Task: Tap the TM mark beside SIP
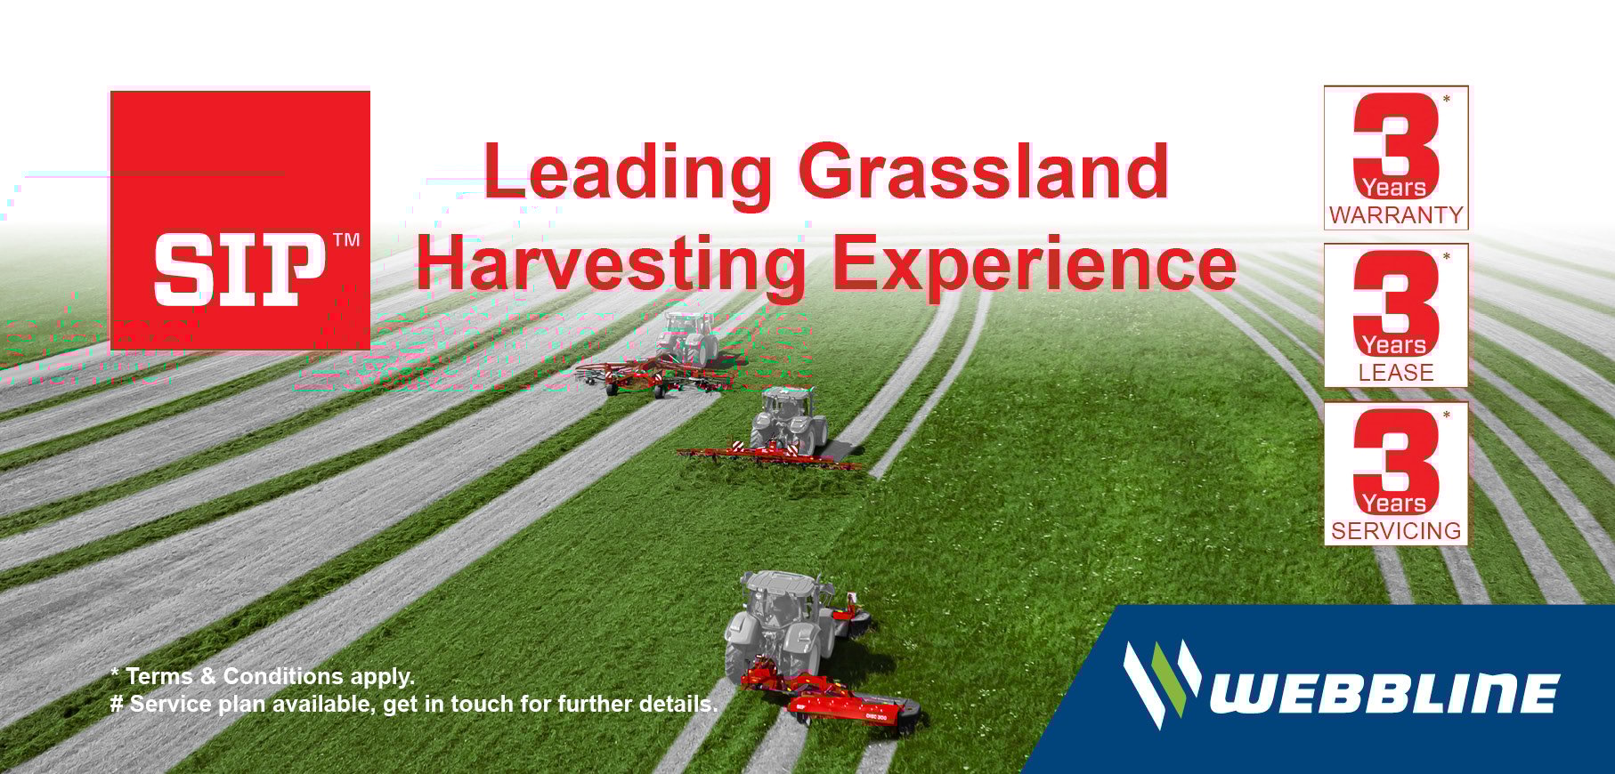[x=345, y=239]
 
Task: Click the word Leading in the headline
[x=628, y=172]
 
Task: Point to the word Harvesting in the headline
[x=613, y=264]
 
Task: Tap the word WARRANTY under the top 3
[x=1396, y=215]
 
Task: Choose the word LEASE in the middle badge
[x=1396, y=373]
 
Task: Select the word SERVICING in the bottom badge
[x=1396, y=531]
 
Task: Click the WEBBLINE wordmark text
[x=1385, y=694]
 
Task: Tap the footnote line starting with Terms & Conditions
[x=263, y=677]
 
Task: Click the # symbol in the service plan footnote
[x=117, y=705]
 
